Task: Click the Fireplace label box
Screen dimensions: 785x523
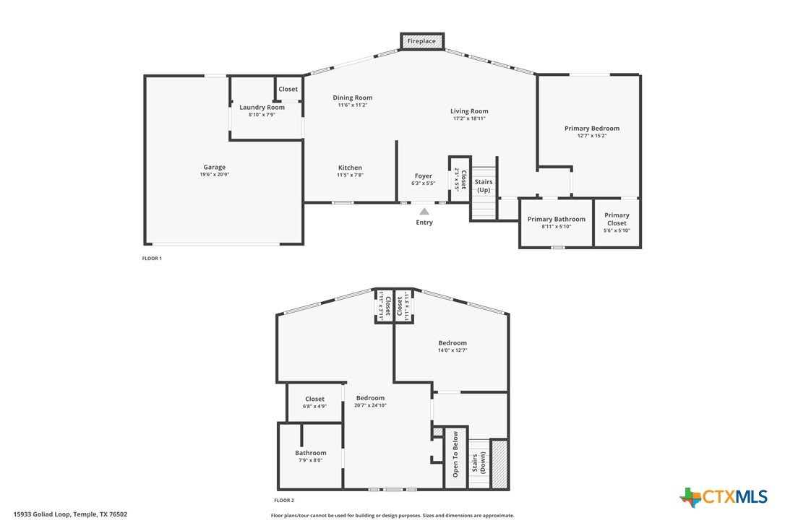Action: point(422,41)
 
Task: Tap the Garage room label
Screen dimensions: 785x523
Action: point(214,167)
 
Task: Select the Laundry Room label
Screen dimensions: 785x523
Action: point(262,107)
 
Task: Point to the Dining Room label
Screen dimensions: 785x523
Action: point(353,98)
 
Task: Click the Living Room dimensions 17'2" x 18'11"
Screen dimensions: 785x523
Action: point(469,118)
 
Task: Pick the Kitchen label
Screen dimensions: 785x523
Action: point(350,168)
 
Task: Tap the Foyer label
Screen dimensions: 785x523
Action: point(423,176)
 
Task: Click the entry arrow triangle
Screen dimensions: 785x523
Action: point(424,211)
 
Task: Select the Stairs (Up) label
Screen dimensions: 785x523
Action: point(484,186)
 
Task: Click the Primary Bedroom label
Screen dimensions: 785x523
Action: point(592,128)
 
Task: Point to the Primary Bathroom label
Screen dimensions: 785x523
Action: point(556,219)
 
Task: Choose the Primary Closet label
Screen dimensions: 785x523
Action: point(617,219)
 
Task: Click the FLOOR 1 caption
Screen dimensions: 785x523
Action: point(152,259)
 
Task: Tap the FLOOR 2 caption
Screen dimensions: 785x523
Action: point(284,501)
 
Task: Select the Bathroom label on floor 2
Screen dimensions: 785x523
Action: point(310,453)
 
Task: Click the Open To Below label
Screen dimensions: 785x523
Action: point(455,454)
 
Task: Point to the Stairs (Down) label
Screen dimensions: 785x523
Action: point(479,463)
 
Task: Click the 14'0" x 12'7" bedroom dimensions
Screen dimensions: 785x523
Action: point(452,350)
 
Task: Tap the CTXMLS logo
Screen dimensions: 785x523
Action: point(724,497)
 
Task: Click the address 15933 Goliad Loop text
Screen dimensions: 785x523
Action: point(42,514)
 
